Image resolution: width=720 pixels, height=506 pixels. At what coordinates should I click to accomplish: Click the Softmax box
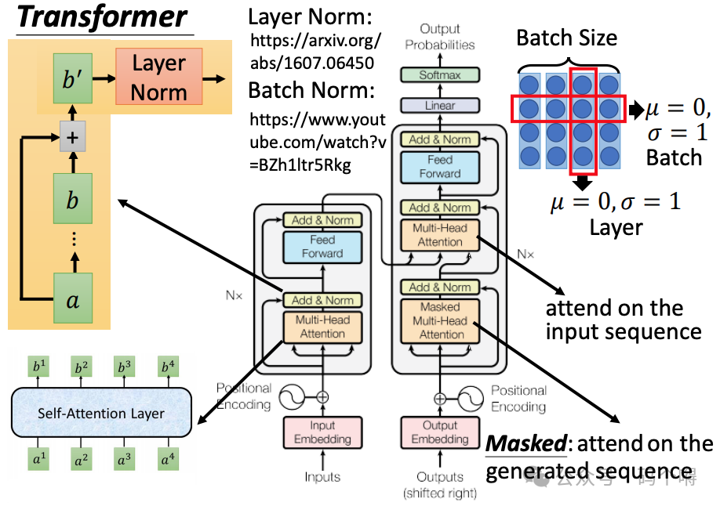[440, 76]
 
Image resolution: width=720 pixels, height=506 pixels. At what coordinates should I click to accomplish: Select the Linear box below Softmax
[440, 105]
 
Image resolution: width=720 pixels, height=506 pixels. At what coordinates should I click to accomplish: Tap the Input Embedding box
[322, 432]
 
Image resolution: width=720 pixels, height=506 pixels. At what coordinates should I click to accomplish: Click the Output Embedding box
[440, 432]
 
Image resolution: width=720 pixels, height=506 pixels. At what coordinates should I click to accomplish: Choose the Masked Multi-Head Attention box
[440, 320]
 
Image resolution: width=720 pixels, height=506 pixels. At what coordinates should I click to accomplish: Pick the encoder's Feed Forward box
[322, 246]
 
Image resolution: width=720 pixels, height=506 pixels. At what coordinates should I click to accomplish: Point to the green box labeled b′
[72, 78]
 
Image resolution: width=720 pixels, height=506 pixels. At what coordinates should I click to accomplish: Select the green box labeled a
[72, 298]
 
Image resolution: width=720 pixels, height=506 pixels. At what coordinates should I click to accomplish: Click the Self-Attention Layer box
[101, 413]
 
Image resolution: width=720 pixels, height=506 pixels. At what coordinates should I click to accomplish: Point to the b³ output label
[123, 366]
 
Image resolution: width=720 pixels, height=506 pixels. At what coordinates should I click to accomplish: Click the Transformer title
[103, 17]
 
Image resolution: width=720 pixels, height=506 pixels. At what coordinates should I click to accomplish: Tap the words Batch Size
[566, 38]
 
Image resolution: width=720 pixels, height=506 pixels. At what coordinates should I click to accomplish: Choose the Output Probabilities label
[440, 37]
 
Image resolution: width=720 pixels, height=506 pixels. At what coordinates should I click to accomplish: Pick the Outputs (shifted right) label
[440, 484]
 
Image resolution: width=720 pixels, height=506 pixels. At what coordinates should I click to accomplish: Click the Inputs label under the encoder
[322, 476]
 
